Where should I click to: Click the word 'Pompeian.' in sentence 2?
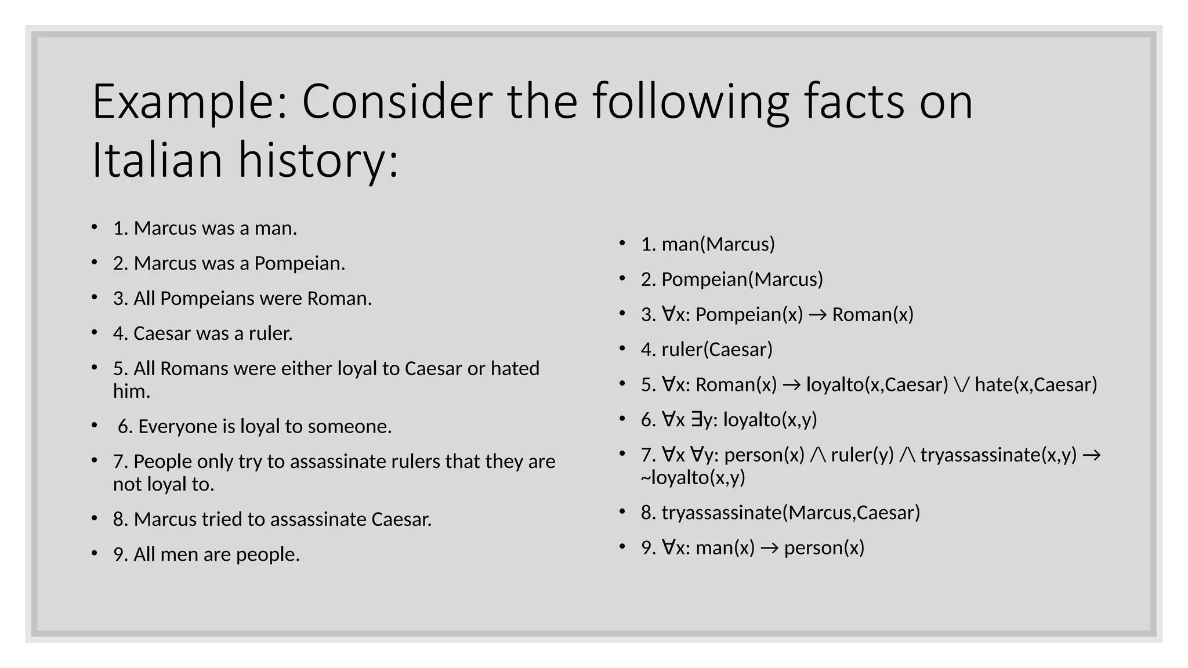[299, 264]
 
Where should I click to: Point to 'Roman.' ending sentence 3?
[339, 299]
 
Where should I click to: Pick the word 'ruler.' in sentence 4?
[271, 333]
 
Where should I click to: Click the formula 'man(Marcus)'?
[718, 245]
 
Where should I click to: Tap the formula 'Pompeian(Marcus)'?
[742, 279]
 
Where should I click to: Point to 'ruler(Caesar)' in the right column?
[717, 350]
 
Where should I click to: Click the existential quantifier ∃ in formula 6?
[697, 419]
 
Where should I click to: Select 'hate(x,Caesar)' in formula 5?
[1036, 384]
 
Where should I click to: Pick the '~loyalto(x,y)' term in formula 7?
[693, 478]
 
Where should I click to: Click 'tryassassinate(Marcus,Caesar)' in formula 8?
[791, 513]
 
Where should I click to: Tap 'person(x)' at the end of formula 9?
[824, 548]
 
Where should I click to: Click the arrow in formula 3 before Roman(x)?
[818, 315]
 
